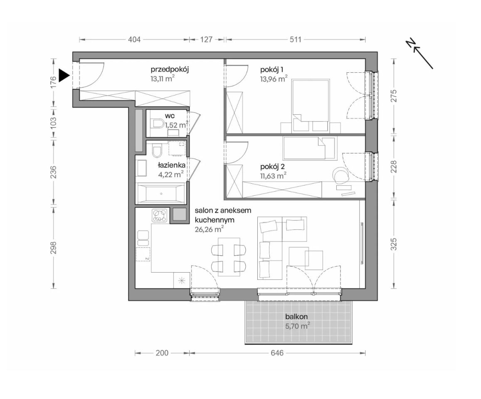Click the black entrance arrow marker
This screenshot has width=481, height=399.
tap(64, 76)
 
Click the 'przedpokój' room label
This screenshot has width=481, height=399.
tap(170, 69)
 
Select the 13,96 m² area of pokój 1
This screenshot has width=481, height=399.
tap(274, 79)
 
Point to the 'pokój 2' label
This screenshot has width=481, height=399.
tap(272, 167)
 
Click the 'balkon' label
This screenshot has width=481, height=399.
tap(296, 317)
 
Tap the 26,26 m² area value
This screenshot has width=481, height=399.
tap(209, 229)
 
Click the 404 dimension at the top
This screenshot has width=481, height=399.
tap(134, 39)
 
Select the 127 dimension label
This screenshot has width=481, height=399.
tap(207, 39)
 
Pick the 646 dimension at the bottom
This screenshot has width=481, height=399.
tap(277, 353)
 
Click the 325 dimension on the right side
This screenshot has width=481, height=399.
tap(394, 244)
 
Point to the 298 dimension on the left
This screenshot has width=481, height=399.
tap(53, 248)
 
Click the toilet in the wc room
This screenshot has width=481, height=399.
tap(158, 124)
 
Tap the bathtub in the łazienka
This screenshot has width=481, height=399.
tap(161, 193)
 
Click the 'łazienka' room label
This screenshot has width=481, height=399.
tap(171, 165)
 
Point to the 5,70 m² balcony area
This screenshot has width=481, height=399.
tap(297, 326)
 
